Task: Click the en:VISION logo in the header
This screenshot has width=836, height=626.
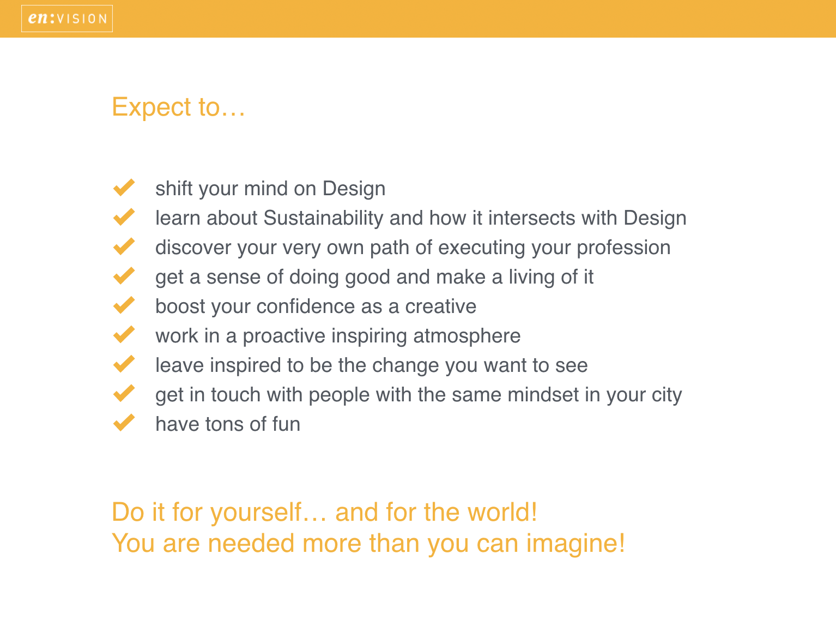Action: click(x=67, y=19)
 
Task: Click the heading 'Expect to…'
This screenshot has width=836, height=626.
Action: click(x=178, y=107)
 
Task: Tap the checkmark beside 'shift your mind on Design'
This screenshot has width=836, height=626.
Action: click(x=124, y=188)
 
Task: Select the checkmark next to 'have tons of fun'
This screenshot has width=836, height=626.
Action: click(x=124, y=423)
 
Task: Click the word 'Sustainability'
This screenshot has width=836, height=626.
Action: click(x=323, y=218)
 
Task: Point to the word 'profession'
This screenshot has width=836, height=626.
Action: click(x=623, y=248)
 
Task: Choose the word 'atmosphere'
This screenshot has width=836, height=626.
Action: click(x=467, y=336)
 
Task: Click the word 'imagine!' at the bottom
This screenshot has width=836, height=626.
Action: click(x=575, y=544)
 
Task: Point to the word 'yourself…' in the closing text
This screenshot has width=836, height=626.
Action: click(x=269, y=513)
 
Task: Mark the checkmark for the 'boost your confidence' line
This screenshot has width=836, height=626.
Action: click(x=124, y=305)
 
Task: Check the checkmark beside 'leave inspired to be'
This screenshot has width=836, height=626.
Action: click(x=124, y=364)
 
